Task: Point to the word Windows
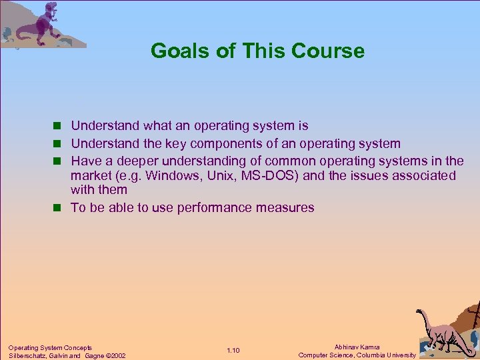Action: [171, 176]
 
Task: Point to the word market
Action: [91, 176]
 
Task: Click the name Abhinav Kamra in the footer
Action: [357, 347]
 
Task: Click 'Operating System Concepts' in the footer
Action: [50, 347]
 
